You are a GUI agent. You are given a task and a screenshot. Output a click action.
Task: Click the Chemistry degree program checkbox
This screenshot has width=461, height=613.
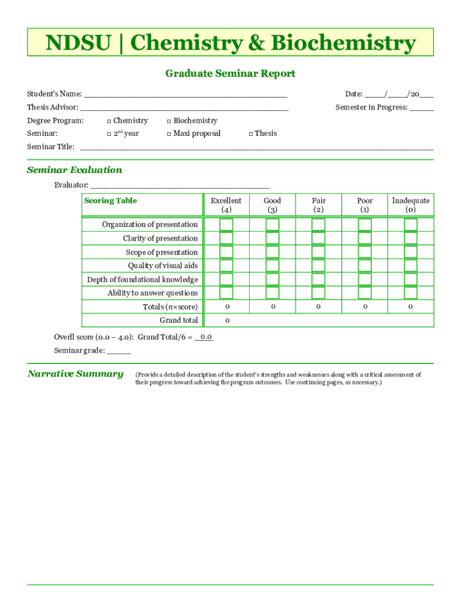point(109,121)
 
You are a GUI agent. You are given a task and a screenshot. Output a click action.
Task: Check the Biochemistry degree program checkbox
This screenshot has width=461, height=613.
point(169,121)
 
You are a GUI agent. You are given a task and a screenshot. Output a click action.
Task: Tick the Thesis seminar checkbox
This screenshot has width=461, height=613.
point(250,134)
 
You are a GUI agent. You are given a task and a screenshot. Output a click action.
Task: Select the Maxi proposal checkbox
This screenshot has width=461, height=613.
point(169,134)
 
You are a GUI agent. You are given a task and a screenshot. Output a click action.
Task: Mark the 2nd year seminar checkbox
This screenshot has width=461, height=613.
point(109,134)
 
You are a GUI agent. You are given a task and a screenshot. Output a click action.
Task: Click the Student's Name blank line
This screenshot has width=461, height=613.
point(186,95)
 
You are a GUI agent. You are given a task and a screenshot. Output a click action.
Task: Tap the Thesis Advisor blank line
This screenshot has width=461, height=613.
point(184,108)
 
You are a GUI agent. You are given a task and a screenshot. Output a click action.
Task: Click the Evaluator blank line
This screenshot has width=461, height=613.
point(180,186)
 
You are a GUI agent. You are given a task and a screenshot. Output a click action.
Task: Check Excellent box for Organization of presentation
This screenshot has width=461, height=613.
point(226,224)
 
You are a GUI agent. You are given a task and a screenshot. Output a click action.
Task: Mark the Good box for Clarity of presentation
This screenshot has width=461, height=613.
point(272,238)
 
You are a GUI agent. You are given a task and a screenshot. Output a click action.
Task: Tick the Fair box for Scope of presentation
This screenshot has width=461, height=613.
point(319,252)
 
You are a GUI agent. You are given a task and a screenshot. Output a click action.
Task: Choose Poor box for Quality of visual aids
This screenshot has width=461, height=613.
point(365,266)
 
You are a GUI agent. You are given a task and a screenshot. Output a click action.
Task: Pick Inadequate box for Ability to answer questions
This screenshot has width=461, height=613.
point(411,293)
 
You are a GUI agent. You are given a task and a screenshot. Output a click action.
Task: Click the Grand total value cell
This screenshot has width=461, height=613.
point(227,320)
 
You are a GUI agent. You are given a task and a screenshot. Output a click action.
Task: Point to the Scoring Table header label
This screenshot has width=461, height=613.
point(110,201)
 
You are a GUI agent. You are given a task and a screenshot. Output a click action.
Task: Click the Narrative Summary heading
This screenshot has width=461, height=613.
point(75,374)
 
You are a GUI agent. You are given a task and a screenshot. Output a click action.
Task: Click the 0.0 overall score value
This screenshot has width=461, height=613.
point(205,337)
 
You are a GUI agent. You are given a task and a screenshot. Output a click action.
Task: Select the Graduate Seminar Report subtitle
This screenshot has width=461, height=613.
point(230,74)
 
